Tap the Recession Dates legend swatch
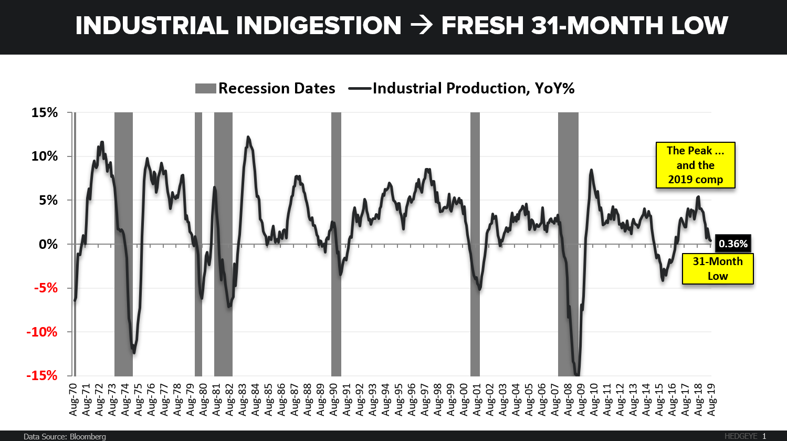point(205,88)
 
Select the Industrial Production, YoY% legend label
point(473,88)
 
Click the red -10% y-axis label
point(44,332)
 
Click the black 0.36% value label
point(733,244)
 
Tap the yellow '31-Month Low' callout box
point(718,268)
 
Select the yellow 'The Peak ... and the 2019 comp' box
point(695,165)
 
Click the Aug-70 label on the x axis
point(75,399)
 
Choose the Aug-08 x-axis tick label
point(568,399)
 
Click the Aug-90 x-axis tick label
point(334,399)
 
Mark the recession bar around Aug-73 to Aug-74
point(123,244)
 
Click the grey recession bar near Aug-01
point(475,244)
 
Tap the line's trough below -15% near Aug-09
point(577,374)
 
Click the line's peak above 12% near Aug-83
point(248,138)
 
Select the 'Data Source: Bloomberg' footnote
point(65,436)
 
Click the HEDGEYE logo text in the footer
point(740,436)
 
